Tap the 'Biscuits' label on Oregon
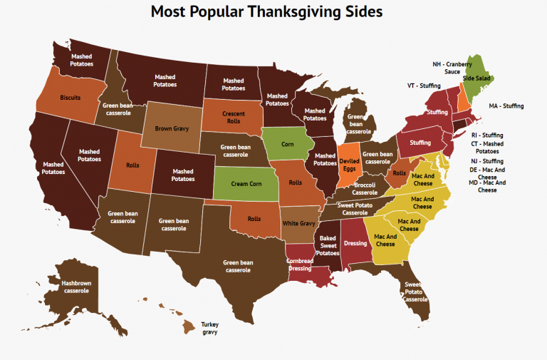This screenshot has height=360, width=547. tap(70, 97)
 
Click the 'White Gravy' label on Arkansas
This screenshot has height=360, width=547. tap(299, 223)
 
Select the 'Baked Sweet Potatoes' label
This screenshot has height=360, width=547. tap(328, 246)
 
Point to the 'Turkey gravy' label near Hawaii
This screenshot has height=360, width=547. tap(209, 328)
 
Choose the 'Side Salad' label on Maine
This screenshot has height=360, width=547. tap(478, 98)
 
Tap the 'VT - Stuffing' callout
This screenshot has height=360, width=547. tap(424, 86)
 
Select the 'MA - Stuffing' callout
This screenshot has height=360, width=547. tap(506, 106)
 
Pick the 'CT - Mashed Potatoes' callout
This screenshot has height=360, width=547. tap(487, 148)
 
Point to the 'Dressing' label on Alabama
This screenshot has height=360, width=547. tap(355, 242)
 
